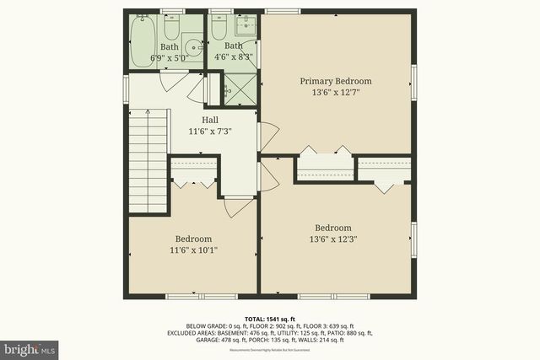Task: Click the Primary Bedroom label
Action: [336, 81]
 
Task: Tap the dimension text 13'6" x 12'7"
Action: [336, 94]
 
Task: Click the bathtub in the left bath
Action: [138, 40]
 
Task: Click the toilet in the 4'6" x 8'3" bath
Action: [219, 30]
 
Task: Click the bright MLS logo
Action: [30, 347]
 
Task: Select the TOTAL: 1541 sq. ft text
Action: [270, 318]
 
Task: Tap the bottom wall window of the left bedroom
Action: [193, 295]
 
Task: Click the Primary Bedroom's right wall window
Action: [413, 81]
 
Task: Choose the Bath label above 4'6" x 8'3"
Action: [233, 46]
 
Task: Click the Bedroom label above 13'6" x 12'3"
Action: [333, 228]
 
